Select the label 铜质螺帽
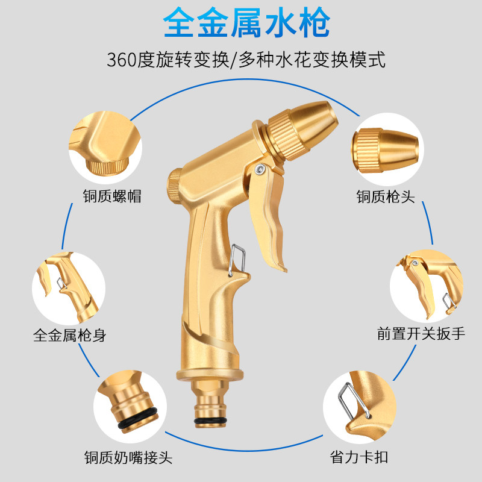112,196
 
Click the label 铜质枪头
386,196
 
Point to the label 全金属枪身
69,335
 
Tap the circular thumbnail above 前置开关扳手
425,286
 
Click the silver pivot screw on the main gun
258,169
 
